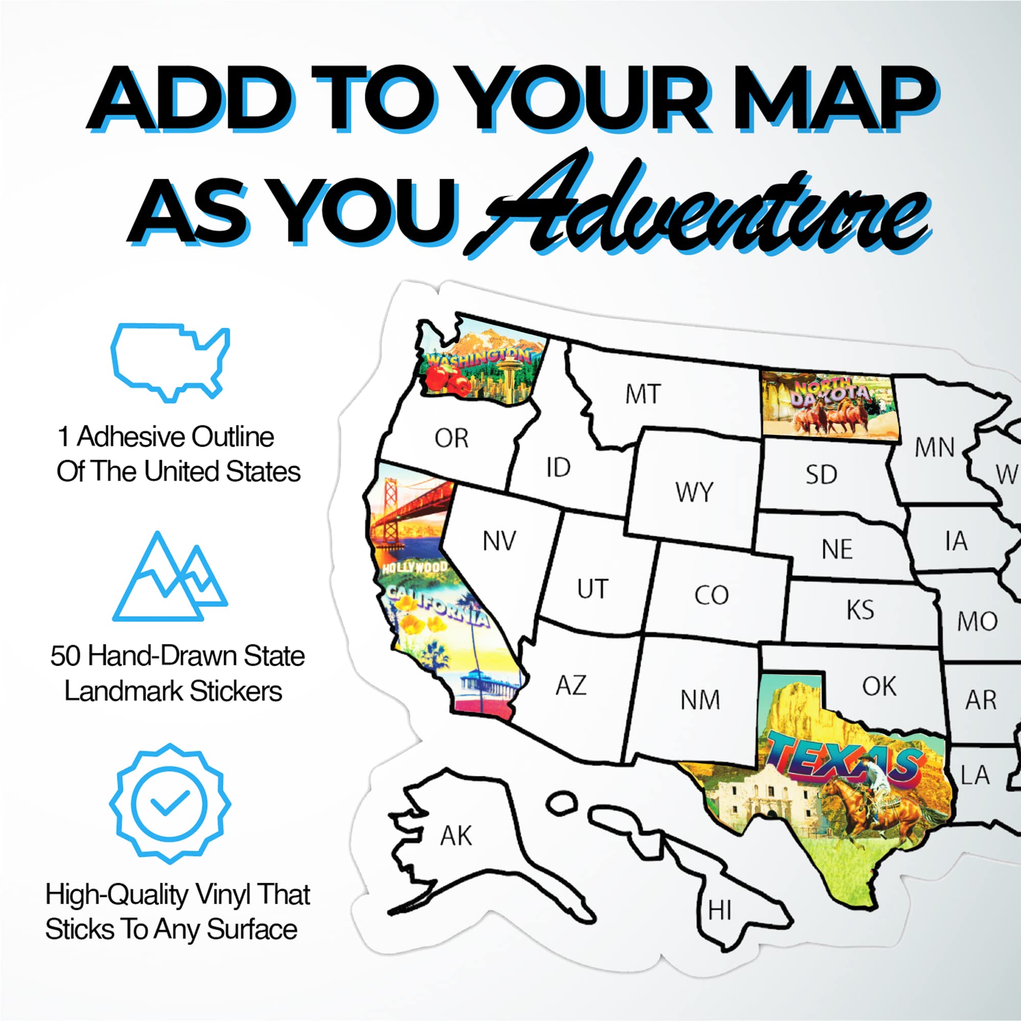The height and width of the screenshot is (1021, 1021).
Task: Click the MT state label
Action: pos(643,394)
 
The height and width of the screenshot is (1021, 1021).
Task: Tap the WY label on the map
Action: pos(694,492)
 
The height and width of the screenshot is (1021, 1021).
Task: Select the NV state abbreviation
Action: pos(499,541)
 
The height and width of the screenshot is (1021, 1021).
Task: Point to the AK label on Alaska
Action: pos(456,836)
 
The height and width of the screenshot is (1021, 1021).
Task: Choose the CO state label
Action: pos(711,595)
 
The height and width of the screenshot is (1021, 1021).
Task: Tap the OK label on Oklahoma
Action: pos(880,687)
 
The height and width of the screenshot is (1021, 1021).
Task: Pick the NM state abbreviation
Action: pos(700,700)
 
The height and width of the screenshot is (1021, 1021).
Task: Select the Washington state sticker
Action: pos(478,364)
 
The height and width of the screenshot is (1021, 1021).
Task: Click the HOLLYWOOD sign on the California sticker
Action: pos(415,568)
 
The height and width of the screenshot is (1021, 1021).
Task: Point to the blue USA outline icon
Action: pos(170,362)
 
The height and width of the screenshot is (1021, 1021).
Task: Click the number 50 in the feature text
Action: pos(66,656)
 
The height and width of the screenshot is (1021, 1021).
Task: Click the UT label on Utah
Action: pos(592,589)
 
